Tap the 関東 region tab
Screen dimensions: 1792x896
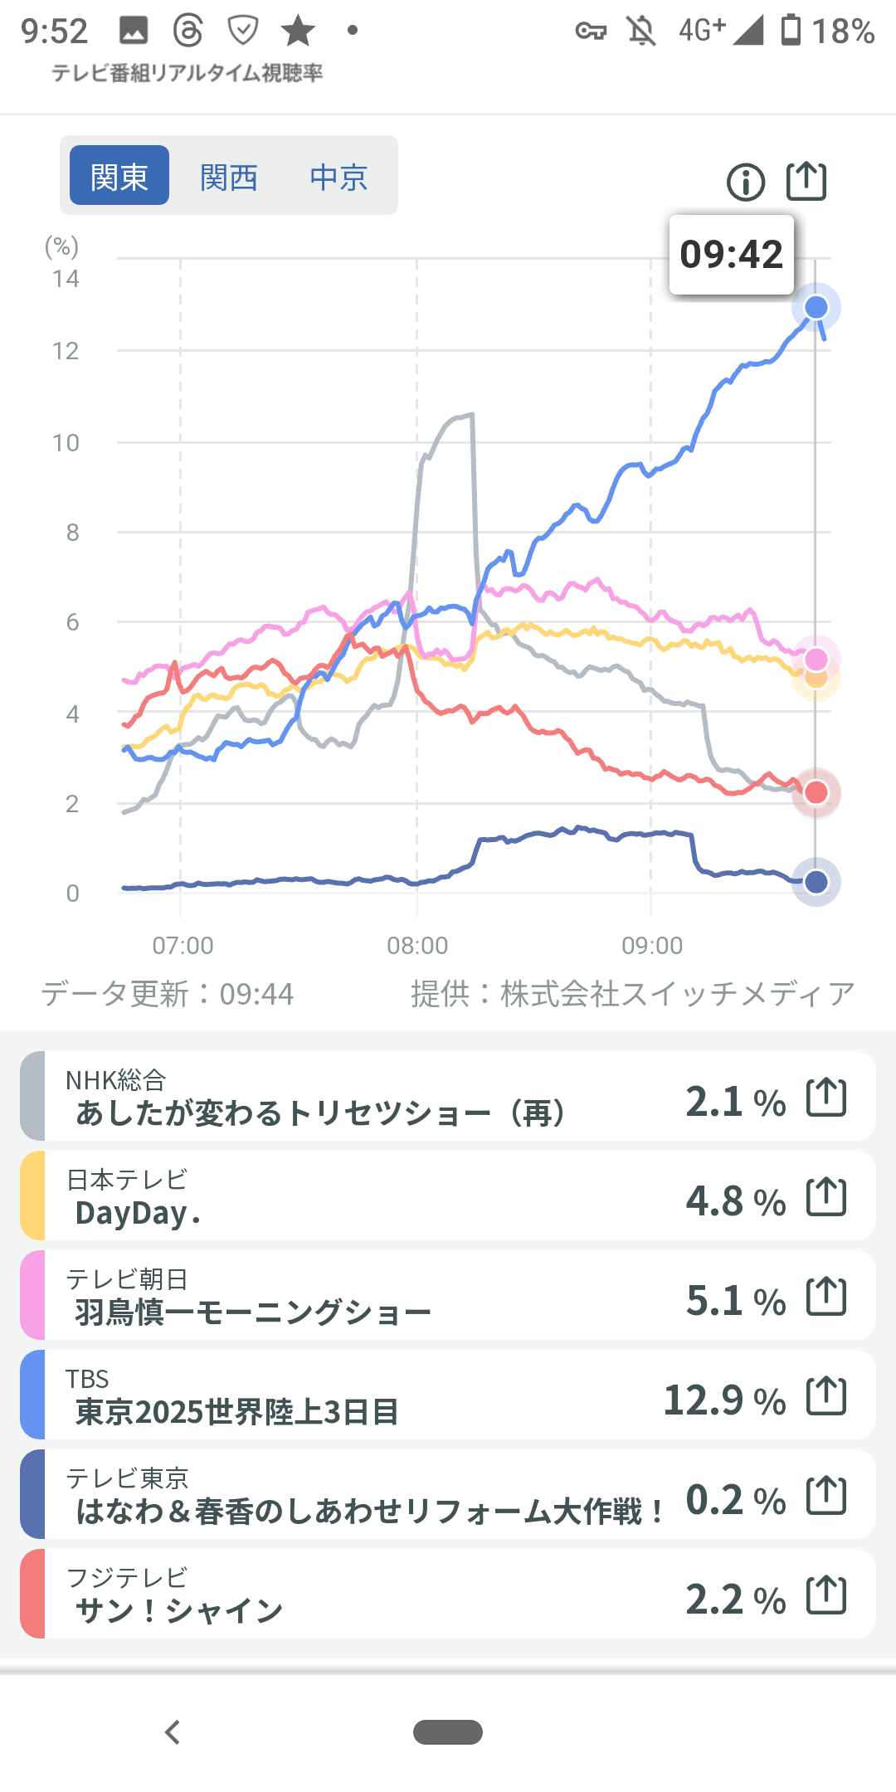point(119,176)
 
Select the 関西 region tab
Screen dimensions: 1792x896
point(229,177)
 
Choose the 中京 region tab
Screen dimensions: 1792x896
point(338,177)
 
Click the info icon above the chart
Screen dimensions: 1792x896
point(746,182)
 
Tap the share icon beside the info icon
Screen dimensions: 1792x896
point(806,181)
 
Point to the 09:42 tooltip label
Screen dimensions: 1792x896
point(731,255)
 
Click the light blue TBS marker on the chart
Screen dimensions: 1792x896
point(816,308)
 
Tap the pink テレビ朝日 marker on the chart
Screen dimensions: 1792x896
point(816,659)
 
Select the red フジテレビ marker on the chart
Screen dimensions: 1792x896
point(816,792)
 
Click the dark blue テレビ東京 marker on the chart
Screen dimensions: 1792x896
point(816,882)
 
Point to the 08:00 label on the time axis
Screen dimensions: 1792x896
point(417,945)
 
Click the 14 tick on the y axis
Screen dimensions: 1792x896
point(66,279)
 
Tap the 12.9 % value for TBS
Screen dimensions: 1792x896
point(724,1400)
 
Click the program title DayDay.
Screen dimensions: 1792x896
point(138,1213)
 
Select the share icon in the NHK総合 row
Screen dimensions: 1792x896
point(826,1097)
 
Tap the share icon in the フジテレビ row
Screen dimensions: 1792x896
point(826,1595)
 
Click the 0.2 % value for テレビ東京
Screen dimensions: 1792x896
point(735,1500)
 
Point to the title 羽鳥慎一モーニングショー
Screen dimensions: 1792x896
point(253,1312)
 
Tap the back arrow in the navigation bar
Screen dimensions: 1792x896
point(173,1732)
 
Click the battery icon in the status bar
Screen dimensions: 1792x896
point(791,30)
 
